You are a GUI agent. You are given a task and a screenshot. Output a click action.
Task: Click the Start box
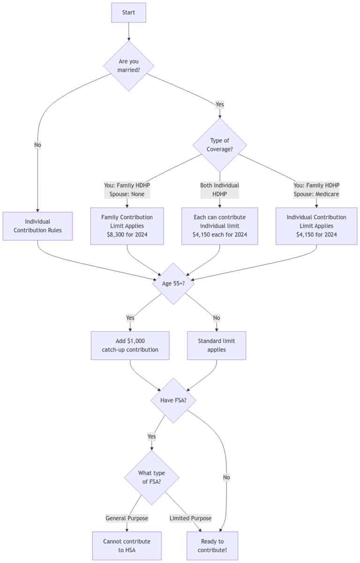coord(128,13)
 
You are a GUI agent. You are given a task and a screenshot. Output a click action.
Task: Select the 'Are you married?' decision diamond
coord(128,66)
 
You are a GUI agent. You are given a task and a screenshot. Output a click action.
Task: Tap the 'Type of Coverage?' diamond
coord(220,145)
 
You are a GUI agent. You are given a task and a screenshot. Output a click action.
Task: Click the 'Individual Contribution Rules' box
coord(38,226)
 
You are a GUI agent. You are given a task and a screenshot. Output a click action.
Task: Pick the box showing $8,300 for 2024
coord(127,226)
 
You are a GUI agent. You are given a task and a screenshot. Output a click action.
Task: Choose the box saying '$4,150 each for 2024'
coord(220,226)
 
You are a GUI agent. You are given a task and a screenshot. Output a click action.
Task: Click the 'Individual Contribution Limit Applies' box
coord(316,226)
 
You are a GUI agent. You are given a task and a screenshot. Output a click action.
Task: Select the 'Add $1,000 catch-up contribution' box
coord(130,345)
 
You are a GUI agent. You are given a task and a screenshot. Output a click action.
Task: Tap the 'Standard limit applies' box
coord(217,345)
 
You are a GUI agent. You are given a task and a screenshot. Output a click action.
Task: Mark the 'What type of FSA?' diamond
coord(151,478)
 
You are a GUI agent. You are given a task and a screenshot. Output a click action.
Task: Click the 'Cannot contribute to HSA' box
coord(127,546)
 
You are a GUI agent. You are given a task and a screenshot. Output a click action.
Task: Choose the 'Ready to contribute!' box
coord(212,546)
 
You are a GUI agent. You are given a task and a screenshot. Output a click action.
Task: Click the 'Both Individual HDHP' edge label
coord(220,189)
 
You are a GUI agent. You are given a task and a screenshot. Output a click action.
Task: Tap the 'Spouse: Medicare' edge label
coord(316,194)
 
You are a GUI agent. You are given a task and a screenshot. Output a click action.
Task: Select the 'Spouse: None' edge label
coord(127,194)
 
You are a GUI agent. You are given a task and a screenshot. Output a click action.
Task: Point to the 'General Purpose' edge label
coord(127,518)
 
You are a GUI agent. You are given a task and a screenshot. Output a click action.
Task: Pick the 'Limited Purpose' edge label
coord(191,518)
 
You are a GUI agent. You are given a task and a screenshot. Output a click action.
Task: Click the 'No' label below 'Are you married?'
coord(38,145)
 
